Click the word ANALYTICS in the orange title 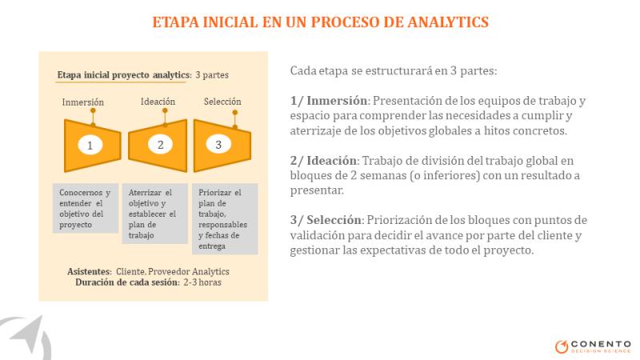(448, 22)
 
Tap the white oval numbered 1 (90, 145)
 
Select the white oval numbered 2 (160, 144)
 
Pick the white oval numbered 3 (218, 144)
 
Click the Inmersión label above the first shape (83, 102)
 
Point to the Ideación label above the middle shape (158, 102)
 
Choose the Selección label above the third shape (222, 102)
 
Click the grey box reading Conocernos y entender (86, 208)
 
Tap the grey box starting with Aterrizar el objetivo (154, 214)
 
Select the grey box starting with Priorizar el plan (225, 218)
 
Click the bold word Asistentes (90, 271)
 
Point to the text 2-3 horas (202, 282)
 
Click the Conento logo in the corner (593, 346)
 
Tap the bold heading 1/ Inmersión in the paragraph (329, 101)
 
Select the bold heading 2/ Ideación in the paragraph (324, 161)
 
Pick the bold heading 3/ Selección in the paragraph (326, 220)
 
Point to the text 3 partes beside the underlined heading (212, 75)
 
